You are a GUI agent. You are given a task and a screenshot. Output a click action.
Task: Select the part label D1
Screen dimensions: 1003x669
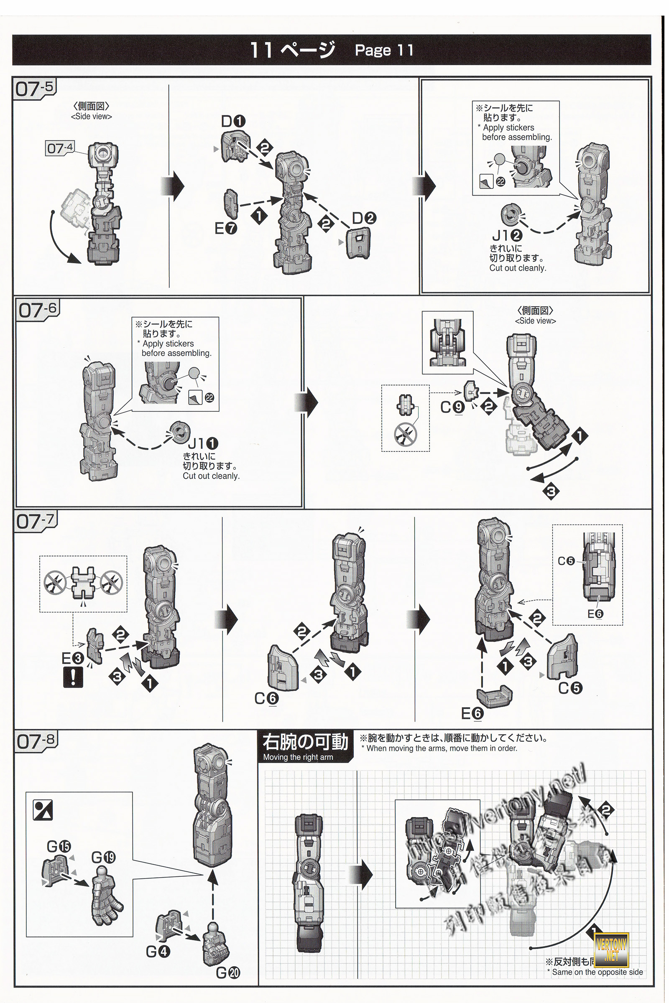click(x=233, y=122)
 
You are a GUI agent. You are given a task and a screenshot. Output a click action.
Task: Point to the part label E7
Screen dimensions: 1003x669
click(x=226, y=229)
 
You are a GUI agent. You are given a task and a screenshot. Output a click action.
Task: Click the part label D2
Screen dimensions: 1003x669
click(x=364, y=218)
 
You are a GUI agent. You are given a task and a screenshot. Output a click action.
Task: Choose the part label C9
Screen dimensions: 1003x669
click(x=452, y=407)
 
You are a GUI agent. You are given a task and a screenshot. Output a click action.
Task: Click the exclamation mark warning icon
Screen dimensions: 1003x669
click(x=72, y=677)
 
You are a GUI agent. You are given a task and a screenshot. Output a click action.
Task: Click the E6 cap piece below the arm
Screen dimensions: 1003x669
click(x=495, y=696)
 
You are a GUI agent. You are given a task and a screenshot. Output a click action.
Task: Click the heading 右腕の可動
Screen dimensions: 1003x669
click(x=305, y=742)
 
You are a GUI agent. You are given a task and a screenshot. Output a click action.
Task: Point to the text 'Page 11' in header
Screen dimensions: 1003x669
click(x=384, y=50)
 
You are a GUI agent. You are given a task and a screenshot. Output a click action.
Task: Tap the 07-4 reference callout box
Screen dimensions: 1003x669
click(x=60, y=148)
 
